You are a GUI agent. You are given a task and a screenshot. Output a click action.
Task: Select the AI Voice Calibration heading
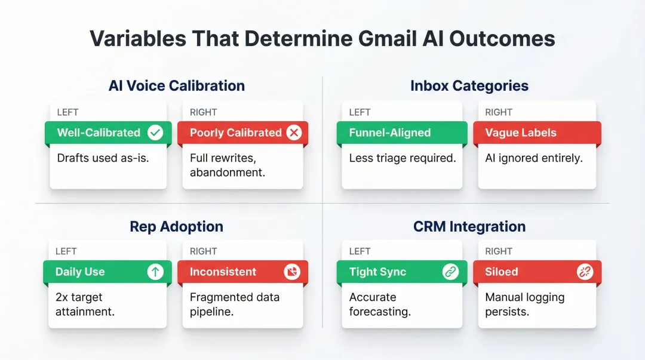click(x=177, y=86)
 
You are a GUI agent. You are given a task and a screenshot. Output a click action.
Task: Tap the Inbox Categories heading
click(x=469, y=86)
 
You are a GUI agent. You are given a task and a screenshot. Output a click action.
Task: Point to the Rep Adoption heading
click(x=177, y=227)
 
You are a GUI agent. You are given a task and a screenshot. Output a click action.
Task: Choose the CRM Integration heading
click(x=469, y=227)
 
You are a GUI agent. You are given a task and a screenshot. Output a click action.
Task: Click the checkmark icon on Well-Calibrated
click(x=155, y=133)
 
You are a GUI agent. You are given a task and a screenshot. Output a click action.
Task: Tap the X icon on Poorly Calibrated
click(x=294, y=133)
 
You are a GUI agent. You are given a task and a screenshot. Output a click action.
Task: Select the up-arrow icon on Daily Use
click(x=155, y=272)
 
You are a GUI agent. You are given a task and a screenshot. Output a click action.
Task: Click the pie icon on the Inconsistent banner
click(x=292, y=272)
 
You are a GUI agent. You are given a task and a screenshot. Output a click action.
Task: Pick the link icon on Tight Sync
click(x=450, y=272)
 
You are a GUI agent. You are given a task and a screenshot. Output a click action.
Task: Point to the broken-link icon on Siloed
click(x=585, y=272)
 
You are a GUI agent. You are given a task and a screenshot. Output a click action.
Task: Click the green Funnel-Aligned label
click(x=390, y=133)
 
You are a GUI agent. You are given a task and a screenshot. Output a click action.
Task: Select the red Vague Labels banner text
click(x=521, y=133)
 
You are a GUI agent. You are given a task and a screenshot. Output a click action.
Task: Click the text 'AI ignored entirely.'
click(x=534, y=158)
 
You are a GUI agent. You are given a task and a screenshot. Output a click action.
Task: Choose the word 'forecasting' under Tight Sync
click(x=380, y=312)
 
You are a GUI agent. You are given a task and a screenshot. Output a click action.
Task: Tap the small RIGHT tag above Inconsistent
click(x=203, y=251)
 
